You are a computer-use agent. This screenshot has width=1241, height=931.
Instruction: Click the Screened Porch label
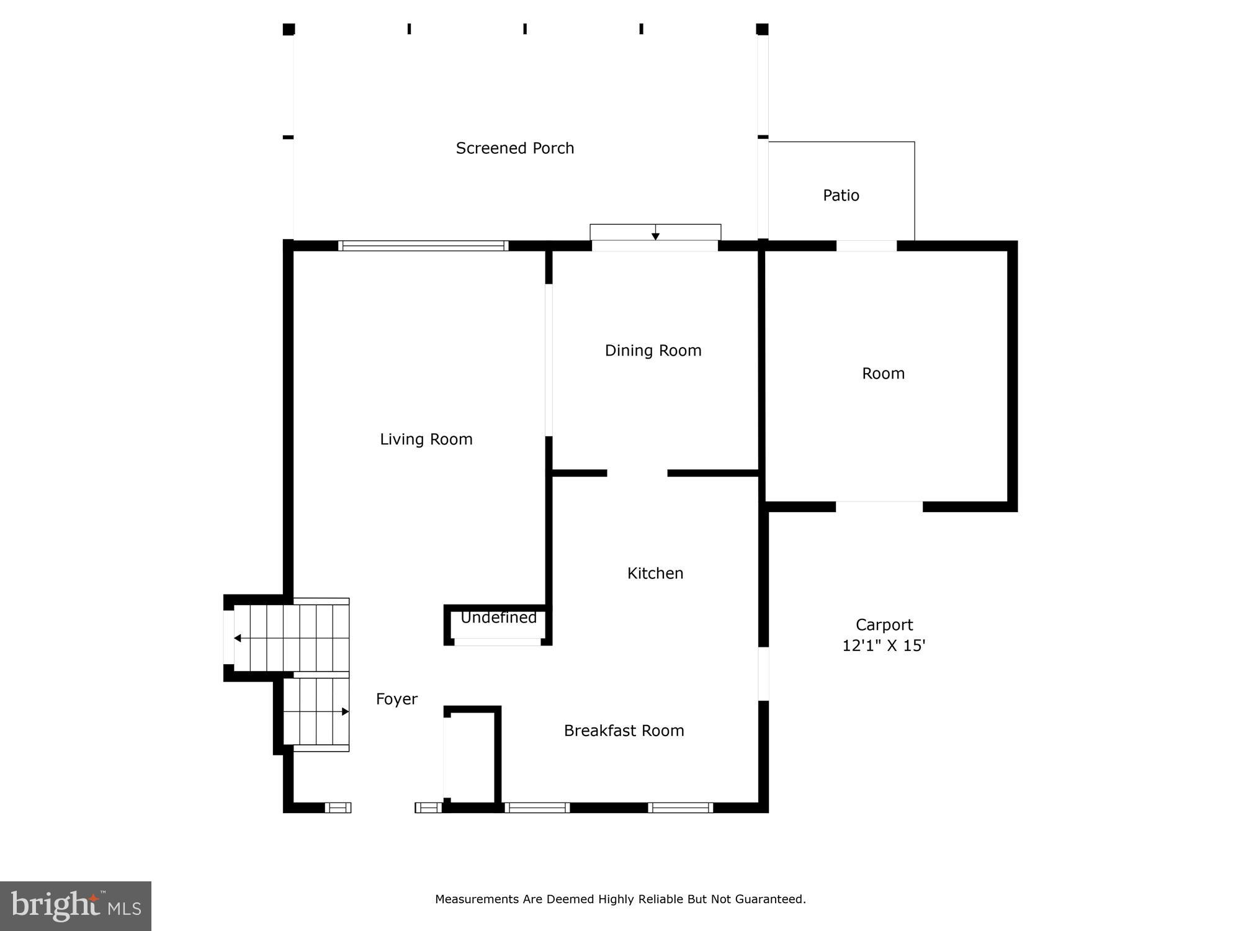(x=515, y=148)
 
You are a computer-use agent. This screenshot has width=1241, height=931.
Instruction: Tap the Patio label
(x=841, y=196)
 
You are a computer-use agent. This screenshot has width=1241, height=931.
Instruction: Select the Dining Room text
(x=653, y=351)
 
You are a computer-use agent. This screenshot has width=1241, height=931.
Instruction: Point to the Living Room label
(x=426, y=439)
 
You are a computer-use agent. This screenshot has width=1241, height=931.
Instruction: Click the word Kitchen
(x=655, y=573)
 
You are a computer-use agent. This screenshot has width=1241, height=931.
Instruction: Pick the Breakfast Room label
(x=624, y=731)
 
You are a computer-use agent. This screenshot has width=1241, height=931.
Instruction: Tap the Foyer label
(x=396, y=699)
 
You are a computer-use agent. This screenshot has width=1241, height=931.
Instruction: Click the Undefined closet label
(x=498, y=618)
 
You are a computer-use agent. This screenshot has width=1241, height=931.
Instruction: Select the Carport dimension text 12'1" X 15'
(x=884, y=646)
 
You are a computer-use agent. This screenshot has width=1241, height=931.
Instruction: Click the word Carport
(x=884, y=625)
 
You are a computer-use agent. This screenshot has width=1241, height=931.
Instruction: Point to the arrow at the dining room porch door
(x=655, y=235)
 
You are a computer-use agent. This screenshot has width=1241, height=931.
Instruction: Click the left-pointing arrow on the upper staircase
(x=238, y=638)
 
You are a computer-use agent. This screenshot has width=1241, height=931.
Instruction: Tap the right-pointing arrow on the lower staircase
(x=345, y=712)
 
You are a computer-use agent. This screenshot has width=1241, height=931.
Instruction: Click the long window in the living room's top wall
(x=423, y=246)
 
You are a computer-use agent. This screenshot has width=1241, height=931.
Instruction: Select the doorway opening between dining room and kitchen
(x=637, y=474)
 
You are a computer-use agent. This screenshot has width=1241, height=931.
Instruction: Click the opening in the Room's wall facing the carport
(x=879, y=506)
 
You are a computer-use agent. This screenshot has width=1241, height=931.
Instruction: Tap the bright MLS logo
(x=76, y=906)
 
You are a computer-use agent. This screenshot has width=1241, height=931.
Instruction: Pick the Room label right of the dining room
(x=883, y=374)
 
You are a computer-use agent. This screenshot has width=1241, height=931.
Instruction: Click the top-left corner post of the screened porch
(x=289, y=29)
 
